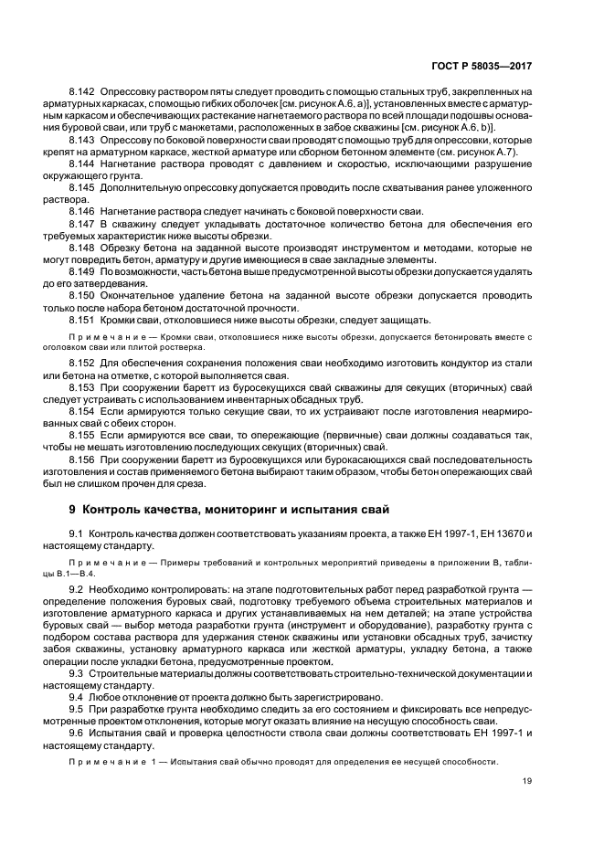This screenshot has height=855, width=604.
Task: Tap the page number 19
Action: click(x=527, y=779)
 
